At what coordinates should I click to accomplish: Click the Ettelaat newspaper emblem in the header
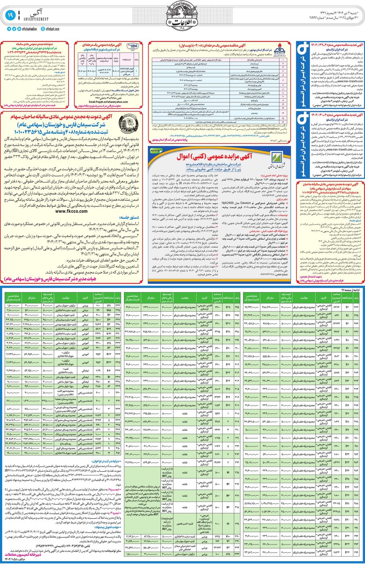pyautogui.click(x=182, y=18)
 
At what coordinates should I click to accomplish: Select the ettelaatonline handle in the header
pyautogui.click(x=28, y=29)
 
